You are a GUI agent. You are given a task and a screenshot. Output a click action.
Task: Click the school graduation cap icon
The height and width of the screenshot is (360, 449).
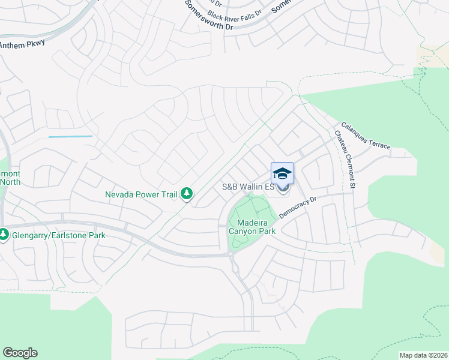(283, 173)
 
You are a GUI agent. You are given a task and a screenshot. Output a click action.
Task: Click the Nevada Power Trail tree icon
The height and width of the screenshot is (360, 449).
(187, 194)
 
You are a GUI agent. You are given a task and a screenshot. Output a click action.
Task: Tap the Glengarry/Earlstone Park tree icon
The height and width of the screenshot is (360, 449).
(4, 235)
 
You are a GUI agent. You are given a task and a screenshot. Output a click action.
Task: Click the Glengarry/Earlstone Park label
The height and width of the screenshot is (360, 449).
(59, 235)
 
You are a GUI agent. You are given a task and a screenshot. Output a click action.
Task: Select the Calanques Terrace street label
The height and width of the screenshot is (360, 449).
(365, 136)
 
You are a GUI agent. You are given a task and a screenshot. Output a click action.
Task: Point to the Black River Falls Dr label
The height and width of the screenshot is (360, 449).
(235, 13)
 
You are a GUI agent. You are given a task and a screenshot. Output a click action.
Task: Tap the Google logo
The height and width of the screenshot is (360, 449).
(20, 353)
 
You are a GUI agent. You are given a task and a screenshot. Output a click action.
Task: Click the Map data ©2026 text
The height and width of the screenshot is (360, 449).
(423, 355)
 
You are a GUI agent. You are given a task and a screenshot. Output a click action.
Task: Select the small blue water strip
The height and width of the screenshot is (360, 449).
(70, 137)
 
